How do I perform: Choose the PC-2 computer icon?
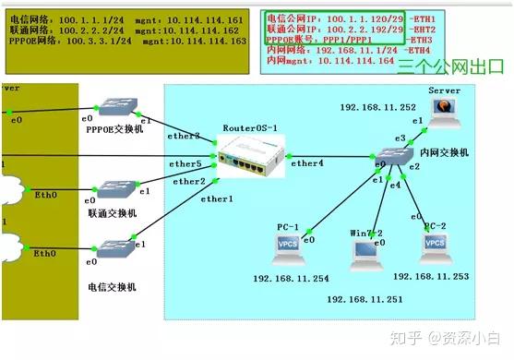click(x=436, y=245)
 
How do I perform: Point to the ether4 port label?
click(x=306, y=163)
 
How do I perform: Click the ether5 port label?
click(x=185, y=163)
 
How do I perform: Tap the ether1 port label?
click(x=217, y=198)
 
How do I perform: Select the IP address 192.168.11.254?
click(x=290, y=278)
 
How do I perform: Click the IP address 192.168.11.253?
click(x=431, y=276)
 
